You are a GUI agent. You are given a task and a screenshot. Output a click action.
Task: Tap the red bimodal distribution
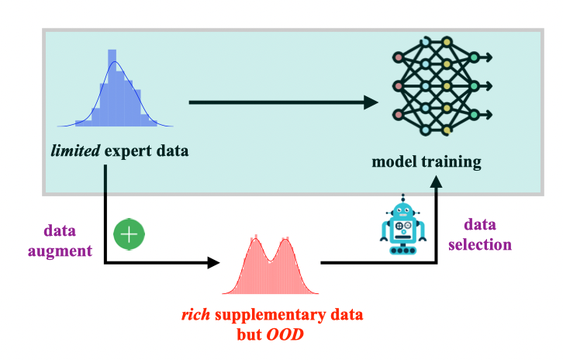[271, 268]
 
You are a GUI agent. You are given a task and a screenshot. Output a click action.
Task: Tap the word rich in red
[194, 316]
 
